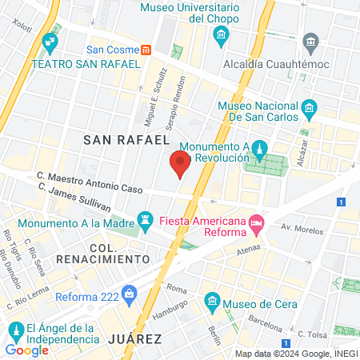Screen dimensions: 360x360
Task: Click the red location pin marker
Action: tap(180, 163)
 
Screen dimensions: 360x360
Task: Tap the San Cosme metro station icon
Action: tap(146, 49)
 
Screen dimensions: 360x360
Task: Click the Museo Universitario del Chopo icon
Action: tap(221, 34)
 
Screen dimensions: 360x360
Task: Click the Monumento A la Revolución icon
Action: tap(259, 148)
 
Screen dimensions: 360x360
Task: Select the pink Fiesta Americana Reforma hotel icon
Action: tap(256, 222)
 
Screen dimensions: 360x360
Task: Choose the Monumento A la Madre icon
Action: tap(145, 218)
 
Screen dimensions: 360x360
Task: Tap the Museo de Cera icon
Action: tap(212, 302)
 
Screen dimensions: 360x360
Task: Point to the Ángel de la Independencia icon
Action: tap(14, 330)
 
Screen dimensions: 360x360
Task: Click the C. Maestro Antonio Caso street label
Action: tap(90, 181)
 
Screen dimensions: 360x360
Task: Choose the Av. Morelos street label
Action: tap(303, 228)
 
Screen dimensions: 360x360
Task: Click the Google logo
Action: tap(26, 350)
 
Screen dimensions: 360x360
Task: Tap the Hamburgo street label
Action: tap(170, 307)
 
